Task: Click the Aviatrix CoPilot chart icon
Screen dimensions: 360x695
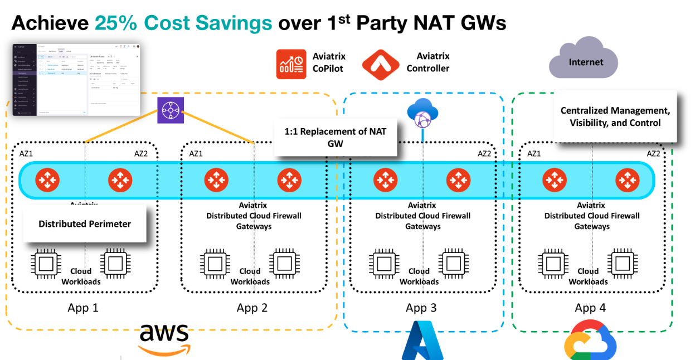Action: pos(291,64)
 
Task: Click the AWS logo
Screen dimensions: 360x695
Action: pos(164,338)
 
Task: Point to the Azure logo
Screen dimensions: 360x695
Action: pos(422,340)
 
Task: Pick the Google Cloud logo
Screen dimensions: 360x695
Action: pos(590,340)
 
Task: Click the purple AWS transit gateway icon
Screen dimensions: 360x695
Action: pos(170,110)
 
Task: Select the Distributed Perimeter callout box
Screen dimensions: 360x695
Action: pos(85,224)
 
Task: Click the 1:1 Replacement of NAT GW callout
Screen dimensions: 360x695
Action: pos(336,137)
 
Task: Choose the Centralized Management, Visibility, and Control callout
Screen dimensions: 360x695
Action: pos(615,117)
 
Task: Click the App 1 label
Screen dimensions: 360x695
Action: pos(83,308)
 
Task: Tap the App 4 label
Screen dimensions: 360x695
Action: pos(590,308)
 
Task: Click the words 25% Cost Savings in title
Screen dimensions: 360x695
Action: pos(183,23)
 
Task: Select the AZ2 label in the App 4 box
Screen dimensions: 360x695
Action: pos(653,153)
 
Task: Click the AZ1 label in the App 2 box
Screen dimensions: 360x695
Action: pos(196,153)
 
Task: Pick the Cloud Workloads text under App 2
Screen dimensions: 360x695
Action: pos(250,276)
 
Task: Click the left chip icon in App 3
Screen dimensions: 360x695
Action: pos(382,263)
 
